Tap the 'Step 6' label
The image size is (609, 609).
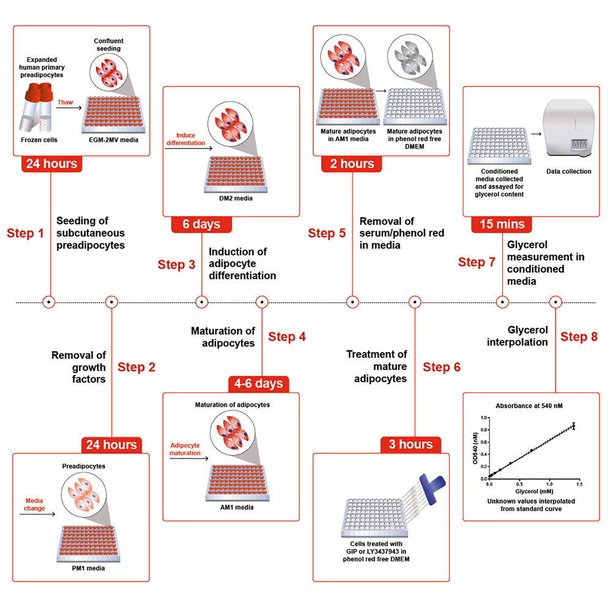441,367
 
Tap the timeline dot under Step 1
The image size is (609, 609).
49,301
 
